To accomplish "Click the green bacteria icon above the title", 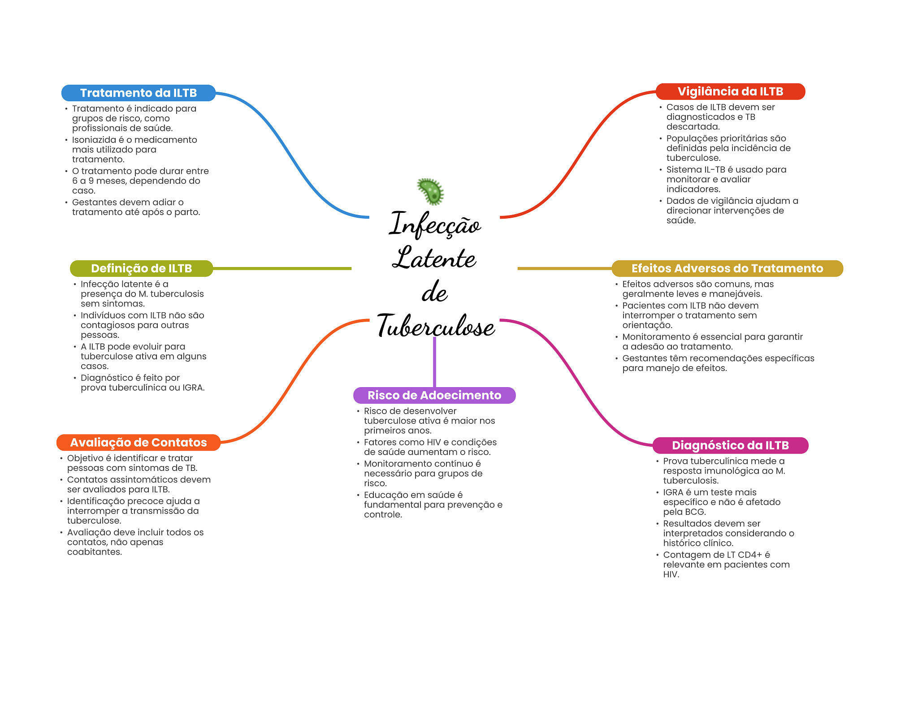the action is [430, 191].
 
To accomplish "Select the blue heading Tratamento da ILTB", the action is [138, 93].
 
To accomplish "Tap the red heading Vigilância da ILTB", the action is [730, 91].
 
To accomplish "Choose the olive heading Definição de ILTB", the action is [141, 268].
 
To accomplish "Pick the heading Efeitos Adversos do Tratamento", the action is [727, 268].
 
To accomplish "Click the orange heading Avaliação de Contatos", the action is [138, 442].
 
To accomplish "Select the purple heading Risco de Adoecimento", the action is [434, 395].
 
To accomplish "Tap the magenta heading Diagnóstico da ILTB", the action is [730, 445].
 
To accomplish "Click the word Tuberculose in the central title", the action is [436, 326].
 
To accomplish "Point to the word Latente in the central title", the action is [434, 259].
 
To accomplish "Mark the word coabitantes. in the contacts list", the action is [95, 552].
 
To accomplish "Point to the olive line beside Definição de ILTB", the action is [282, 268].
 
